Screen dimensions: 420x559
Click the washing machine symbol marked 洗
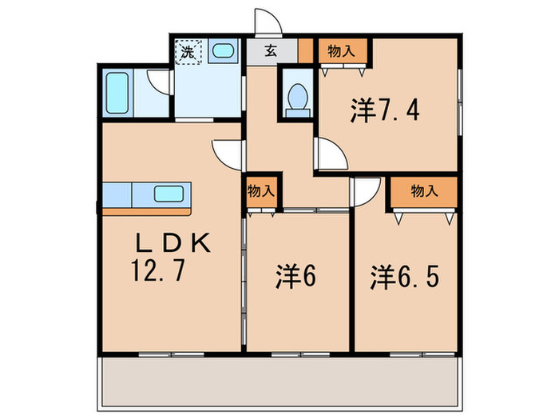[188, 53]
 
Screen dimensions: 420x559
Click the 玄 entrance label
[271, 52]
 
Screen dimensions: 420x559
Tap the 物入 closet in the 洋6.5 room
[423, 191]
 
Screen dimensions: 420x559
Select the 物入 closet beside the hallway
[260, 192]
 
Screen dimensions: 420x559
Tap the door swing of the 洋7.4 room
[329, 152]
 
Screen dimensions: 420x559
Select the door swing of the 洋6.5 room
[364, 190]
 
